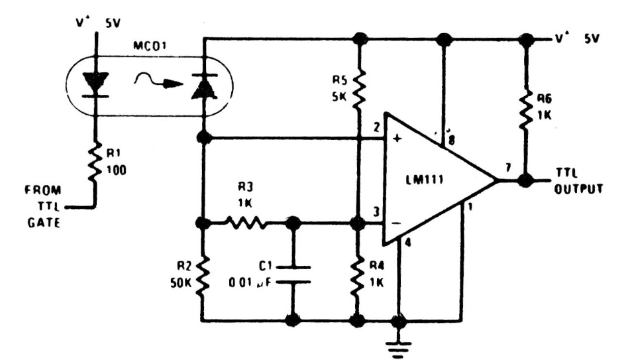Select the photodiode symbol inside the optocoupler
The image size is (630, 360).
[x=203, y=85]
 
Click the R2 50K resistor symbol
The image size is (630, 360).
[x=203, y=274]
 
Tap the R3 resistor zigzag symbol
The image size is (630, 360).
[x=247, y=224]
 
